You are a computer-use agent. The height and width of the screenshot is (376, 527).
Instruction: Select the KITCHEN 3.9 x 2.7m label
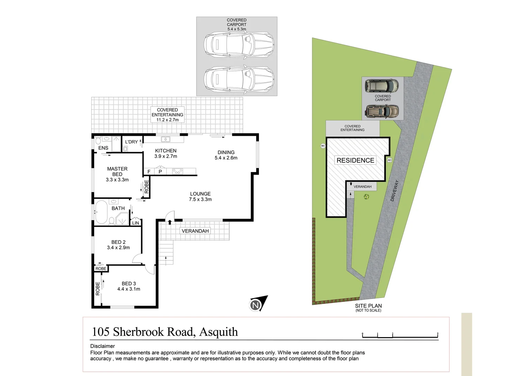click(x=166, y=154)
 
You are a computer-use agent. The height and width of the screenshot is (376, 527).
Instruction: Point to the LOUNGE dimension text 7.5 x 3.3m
click(x=200, y=199)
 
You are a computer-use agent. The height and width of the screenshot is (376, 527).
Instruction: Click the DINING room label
click(x=226, y=152)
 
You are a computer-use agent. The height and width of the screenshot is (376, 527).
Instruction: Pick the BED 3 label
click(x=129, y=284)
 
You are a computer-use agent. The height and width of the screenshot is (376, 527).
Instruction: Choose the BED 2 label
click(x=118, y=242)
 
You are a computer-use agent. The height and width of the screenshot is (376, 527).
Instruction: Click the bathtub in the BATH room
click(x=101, y=212)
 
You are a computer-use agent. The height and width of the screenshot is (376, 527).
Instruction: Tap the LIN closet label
click(x=136, y=223)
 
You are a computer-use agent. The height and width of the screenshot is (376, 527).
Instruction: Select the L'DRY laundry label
click(x=131, y=142)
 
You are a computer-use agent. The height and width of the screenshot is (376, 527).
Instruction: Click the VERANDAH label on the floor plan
click(x=195, y=231)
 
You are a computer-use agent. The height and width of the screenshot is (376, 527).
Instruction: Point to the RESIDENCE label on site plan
click(x=355, y=160)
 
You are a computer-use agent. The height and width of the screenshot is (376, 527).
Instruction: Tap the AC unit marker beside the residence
click(x=389, y=160)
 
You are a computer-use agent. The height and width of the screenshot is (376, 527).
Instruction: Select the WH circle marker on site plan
click(x=323, y=146)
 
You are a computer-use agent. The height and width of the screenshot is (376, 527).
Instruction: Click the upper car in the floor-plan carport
click(x=239, y=45)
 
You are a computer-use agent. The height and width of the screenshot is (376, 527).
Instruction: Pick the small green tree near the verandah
click(x=366, y=197)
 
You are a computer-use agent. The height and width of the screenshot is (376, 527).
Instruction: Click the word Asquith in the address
click(x=219, y=332)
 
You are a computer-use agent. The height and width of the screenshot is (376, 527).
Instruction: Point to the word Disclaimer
click(x=102, y=346)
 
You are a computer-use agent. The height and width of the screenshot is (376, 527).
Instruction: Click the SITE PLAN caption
click(x=368, y=306)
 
